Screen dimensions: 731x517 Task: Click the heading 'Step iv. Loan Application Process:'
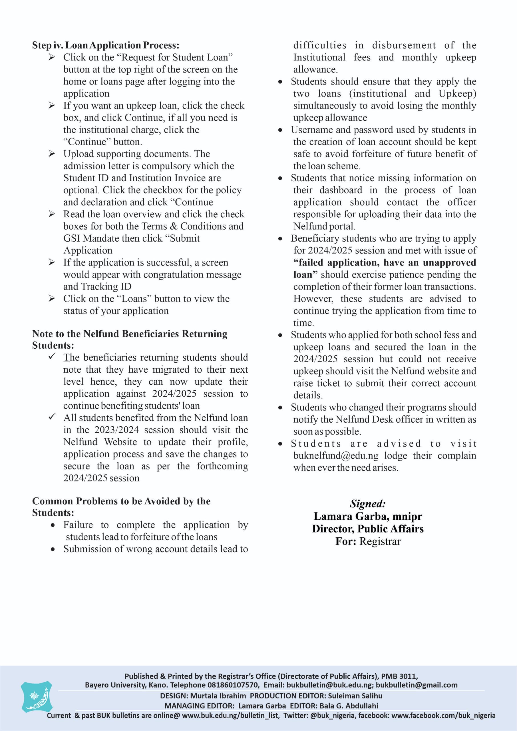pos(105,45)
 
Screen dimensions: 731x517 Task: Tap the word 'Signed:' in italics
pos(368,504)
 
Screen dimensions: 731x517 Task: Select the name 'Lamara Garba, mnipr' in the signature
pos(368,516)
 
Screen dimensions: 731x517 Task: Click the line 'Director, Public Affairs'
pos(368,529)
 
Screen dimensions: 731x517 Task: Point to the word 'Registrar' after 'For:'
pos(380,541)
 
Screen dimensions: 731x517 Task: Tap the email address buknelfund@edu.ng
pos(336,456)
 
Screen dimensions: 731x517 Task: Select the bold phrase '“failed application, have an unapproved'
pos(385,262)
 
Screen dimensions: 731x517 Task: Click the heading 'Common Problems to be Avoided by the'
pos(121,501)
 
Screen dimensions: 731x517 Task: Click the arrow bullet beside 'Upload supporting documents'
pos(52,154)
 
